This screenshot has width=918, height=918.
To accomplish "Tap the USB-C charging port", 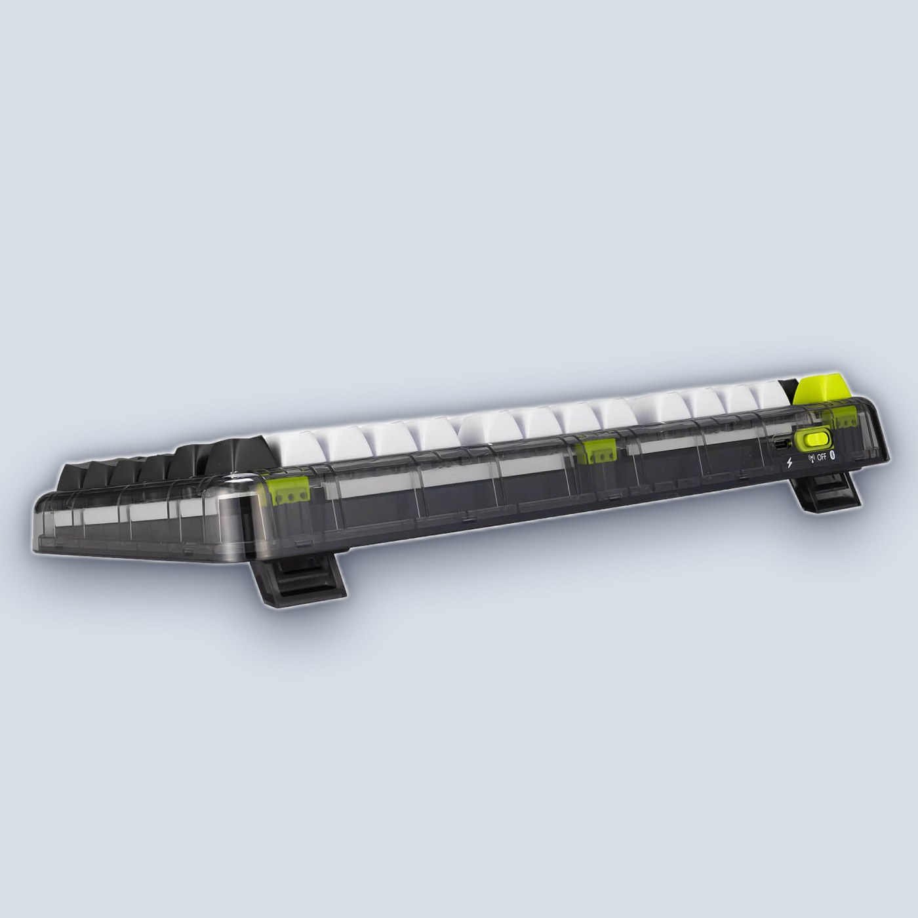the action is [781, 445].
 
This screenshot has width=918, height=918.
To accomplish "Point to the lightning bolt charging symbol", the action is [790, 462].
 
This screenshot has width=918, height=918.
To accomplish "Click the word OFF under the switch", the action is [822, 457].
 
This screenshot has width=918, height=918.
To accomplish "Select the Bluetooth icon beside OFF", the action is [833, 456].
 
